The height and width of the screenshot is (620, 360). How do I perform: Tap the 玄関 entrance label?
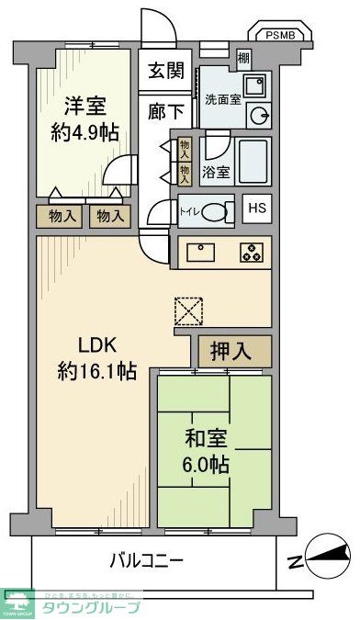(x=168, y=70)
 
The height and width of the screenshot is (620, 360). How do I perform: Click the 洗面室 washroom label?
(x=223, y=99)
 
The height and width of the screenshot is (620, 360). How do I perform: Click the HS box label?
(x=256, y=208)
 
